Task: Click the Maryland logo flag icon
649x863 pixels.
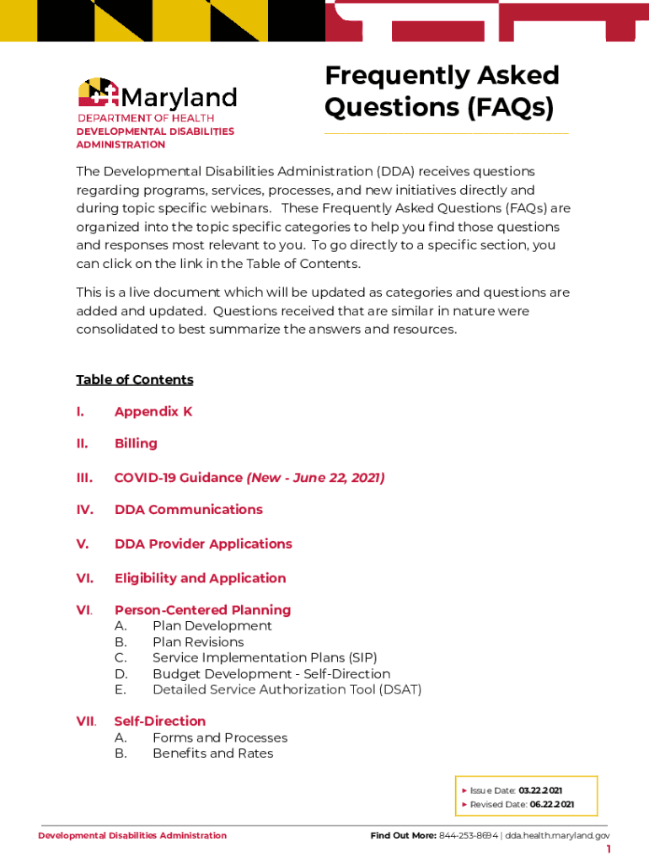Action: tap(99, 94)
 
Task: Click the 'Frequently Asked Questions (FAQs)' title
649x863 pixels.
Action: tap(442, 92)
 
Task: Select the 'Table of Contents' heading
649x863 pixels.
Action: tap(135, 379)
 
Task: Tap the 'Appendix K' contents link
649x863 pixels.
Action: tap(153, 411)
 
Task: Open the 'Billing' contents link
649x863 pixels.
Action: tap(136, 443)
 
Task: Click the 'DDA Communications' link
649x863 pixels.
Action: tap(189, 509)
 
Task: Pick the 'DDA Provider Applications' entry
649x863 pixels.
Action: tap(203, 544)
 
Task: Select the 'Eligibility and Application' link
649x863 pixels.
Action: tap(200, 578)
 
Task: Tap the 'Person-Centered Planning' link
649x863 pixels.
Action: tap(202, 609)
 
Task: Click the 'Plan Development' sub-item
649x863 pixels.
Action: tap(212, 626)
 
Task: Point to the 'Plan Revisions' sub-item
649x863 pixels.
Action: tap(198, 642)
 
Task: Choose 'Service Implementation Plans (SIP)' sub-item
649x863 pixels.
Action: tap(265, 657)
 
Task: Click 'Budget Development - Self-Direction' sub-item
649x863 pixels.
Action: tap(271, 674)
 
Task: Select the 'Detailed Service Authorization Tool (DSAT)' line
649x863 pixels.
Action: tap(287, 689)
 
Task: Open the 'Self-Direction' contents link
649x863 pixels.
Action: tap(160, 721)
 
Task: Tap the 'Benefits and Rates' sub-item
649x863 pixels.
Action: tap(213, 753)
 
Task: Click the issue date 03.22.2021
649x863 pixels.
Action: tap(540, 791)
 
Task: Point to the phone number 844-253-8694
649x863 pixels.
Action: tap(469, 835)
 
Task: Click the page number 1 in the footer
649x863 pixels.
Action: tap(608, 850)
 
